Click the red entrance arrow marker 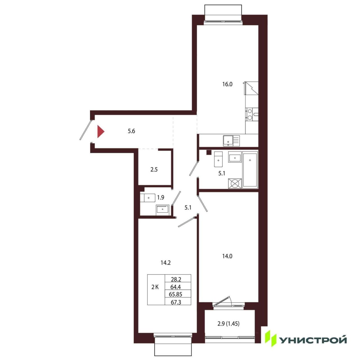coord(100,132)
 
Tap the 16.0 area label coord(227,84)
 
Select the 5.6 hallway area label coord(131,131)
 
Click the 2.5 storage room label coord(154,170)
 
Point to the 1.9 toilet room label coord(161,197)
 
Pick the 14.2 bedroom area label coord(166,263)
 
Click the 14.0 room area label coord(227,256)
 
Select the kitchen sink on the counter coord(231,141)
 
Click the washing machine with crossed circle coord(235,183)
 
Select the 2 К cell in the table coord(155,292)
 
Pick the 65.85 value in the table coord(175,300)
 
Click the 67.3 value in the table coord(176,307)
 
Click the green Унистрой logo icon coord(271,339)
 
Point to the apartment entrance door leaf coord(85,130)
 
